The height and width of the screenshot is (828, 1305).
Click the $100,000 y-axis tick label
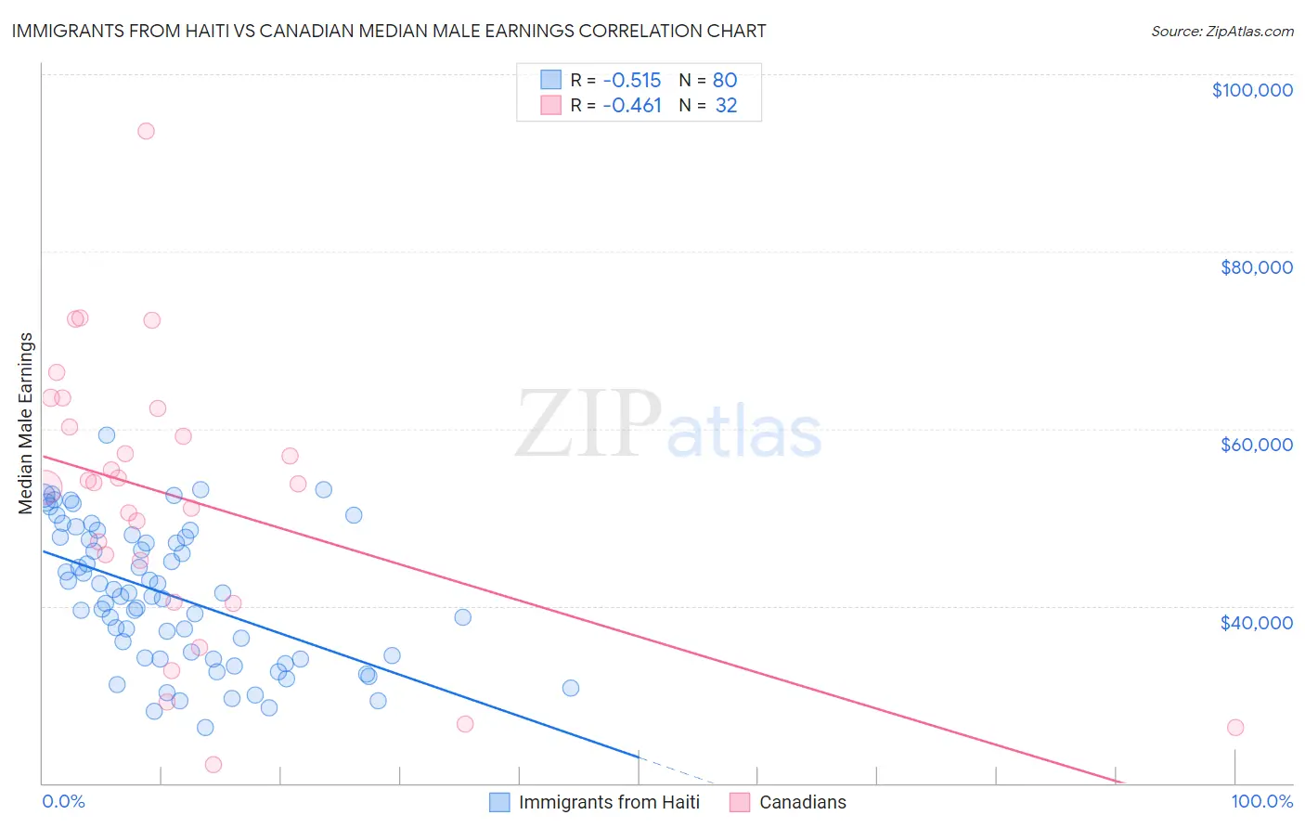click(x=1251, y=90)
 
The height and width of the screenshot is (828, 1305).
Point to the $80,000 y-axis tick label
click(x=1256, y=267)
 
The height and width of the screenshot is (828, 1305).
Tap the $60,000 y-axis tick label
click(x=1256, y=445)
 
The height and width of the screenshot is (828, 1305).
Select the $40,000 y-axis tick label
click(x=1256, y=623)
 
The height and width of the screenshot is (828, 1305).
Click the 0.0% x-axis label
click(x=63, y=802)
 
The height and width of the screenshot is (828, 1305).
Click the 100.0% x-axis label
click(x=1261, y=802)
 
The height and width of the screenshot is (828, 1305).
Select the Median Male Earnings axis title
click(x=26, y=423)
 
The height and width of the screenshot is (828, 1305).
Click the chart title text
click(x=389, y=31)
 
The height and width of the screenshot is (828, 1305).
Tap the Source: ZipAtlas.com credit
click(x=1221, y=31)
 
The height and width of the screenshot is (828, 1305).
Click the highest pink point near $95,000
click(x=146, y=131)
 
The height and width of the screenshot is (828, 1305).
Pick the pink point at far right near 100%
click(x=1234, y=728)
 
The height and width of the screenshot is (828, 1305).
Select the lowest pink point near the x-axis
click(x=213, y=765)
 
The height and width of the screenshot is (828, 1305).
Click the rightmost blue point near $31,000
click(x=571, y=688)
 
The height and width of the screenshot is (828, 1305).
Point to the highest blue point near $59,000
click(x=107, y=435)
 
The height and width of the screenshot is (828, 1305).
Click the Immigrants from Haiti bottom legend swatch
click(x=499, y=802)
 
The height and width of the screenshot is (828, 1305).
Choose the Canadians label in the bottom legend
click(x=802, y=802)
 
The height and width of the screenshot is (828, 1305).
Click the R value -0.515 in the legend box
click(x=631, y=80)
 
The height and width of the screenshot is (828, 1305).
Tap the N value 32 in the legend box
click(x=726, y=106)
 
